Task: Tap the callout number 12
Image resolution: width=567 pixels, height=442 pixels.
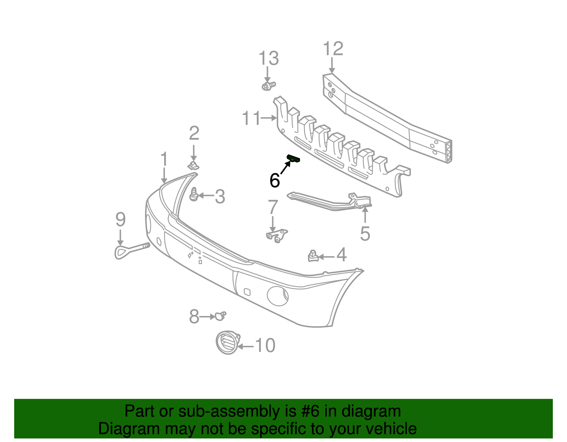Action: (x=333, y=49)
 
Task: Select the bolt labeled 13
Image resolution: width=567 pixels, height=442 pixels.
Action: (x=268, y=86)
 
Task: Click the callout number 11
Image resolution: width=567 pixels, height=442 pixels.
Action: (x=251, y=118)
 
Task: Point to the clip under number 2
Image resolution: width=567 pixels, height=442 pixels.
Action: (x=193, y=166)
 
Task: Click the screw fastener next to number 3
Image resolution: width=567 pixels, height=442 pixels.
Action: (x=194, y=195)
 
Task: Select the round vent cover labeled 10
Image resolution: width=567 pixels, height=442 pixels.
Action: (x=227, y=343)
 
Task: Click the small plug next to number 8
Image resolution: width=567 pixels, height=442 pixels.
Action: (x=220, y=316)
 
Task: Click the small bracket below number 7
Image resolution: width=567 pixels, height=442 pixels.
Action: (x=276, y=235)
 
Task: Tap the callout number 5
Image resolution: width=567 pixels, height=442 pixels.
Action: (x=365, y=234)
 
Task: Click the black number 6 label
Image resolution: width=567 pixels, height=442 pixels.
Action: (x=275, y=180)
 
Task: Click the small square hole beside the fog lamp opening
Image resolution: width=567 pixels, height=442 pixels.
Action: (x=247, y=292)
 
